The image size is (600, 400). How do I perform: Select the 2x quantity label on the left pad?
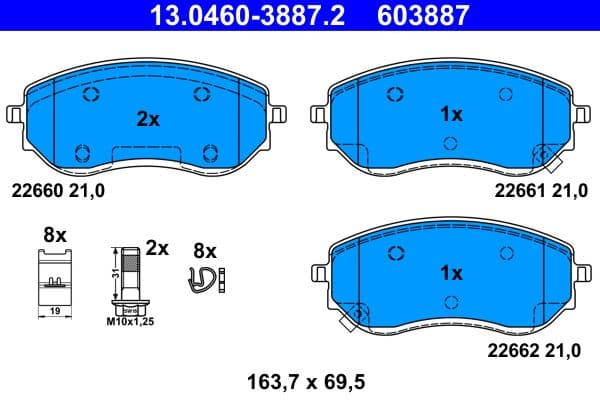click(x=148, y=119)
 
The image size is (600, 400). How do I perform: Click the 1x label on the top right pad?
click(x=452, y=115)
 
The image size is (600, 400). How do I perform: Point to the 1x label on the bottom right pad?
click(x=452, y=272)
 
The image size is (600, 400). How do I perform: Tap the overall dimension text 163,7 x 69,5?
click(x=300, y=382)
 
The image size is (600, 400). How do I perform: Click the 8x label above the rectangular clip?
click(x=54, y=235)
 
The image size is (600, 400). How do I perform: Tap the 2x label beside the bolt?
click(x=157, y=246)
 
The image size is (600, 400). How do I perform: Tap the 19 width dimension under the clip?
click(x=54, y=312)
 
